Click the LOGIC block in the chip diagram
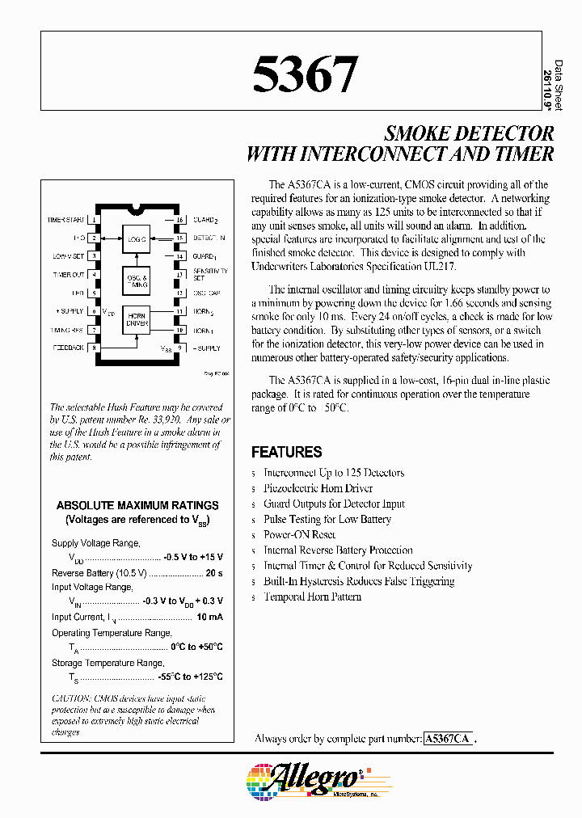click(136, 238)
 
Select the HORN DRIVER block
click(136, 321)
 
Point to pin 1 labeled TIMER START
click(95, 220)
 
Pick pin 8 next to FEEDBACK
click(95, 348)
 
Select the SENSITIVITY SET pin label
click(209, 275)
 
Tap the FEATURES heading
click(286, 453)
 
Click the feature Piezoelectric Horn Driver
click(318, 488)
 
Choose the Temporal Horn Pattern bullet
click(312, 597)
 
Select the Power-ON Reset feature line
click(299, 534)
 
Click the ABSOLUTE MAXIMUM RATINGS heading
click(137, 504)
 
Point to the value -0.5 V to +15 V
click(192, 558)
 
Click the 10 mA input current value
click(209, 617)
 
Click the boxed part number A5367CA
click(449, 739)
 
